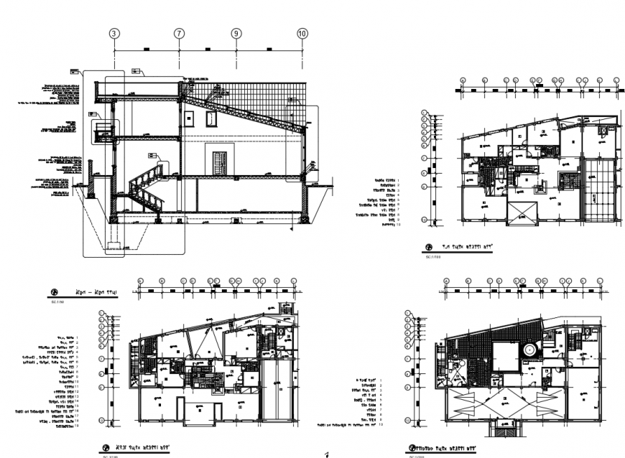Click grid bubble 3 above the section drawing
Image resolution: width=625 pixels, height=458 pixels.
pos(114,33)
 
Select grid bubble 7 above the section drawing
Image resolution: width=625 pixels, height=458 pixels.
pos(179,33)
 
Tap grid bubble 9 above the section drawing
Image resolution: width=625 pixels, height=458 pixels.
pos(236,33)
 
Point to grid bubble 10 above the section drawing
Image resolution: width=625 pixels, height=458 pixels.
pos(302,33)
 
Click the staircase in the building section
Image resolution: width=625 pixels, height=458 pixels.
pos(147,188)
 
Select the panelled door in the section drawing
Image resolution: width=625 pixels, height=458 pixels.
pos(219,162)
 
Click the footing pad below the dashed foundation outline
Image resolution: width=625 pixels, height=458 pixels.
pos(115,248)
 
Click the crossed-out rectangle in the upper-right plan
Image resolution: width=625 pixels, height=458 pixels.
pos(522,214)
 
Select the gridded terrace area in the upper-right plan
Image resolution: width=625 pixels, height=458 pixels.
pos(601,191)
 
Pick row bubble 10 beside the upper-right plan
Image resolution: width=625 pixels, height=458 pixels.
pos(425,220)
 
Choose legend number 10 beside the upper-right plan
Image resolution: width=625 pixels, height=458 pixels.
pos(399,225)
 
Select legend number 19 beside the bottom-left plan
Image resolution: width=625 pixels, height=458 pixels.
pos(77,426)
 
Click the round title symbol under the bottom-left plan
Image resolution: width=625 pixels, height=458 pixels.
pos(106,447)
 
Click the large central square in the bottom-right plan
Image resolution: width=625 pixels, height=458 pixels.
pos(505,357)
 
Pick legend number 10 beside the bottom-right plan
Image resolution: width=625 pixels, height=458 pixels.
pos(380,425)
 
